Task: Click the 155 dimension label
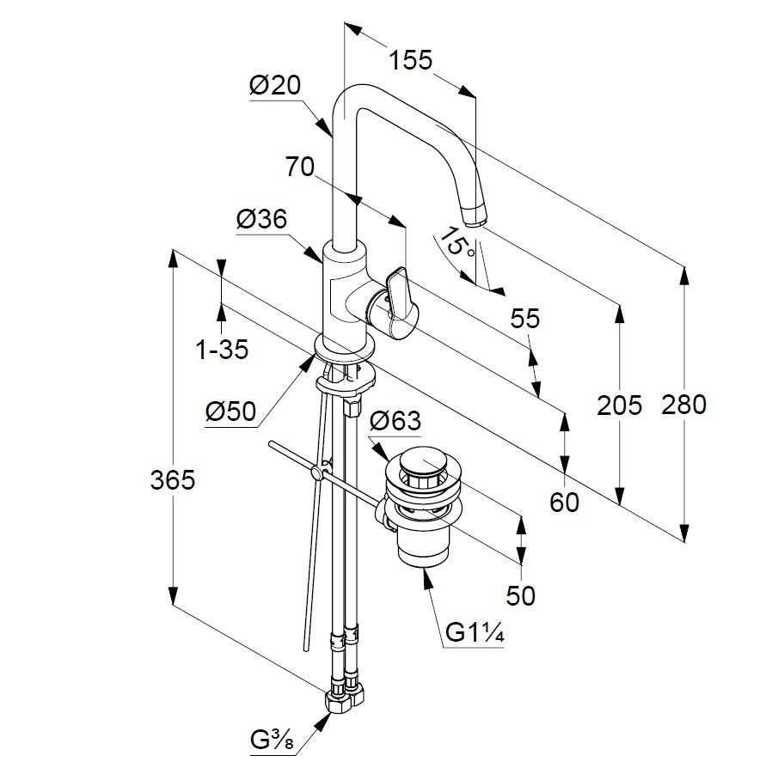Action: (x=410, y=60)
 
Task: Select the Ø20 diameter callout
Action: (x=275, y=86)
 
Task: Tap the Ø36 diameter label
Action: (x=261, y=219)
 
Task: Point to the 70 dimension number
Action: (x=299, y=167)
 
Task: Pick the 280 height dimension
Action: (x=683, y=405)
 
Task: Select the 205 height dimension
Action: (x=619, y=405)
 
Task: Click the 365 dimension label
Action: (x=172, y=479)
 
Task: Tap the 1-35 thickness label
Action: (x=222, y=350)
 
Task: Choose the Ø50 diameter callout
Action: (x=231, y=411)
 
